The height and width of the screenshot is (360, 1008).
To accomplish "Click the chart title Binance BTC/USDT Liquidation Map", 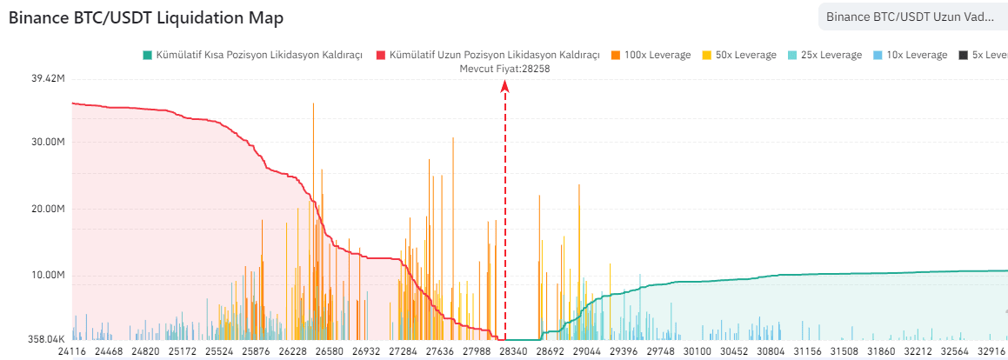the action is (x=145, y=18).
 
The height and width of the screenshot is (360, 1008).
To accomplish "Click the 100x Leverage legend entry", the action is (x=651, y=55).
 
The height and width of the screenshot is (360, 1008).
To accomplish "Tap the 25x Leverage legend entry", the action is (x=824, y=55).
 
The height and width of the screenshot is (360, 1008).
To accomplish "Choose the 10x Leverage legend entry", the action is (x=910, y=55).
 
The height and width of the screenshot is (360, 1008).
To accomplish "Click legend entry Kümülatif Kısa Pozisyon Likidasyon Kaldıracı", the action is (x=252, y=55).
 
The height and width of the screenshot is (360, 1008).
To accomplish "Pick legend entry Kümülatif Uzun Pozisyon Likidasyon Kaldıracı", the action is (x=488, y=55).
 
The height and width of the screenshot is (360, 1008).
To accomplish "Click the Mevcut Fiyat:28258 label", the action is (x=504, y=68).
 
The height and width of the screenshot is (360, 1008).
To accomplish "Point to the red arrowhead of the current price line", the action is (x=505, y=87).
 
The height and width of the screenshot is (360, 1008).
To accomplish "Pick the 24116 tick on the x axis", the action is (x=73, y=353).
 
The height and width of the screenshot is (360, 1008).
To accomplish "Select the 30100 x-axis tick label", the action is (x=698, y=353).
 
